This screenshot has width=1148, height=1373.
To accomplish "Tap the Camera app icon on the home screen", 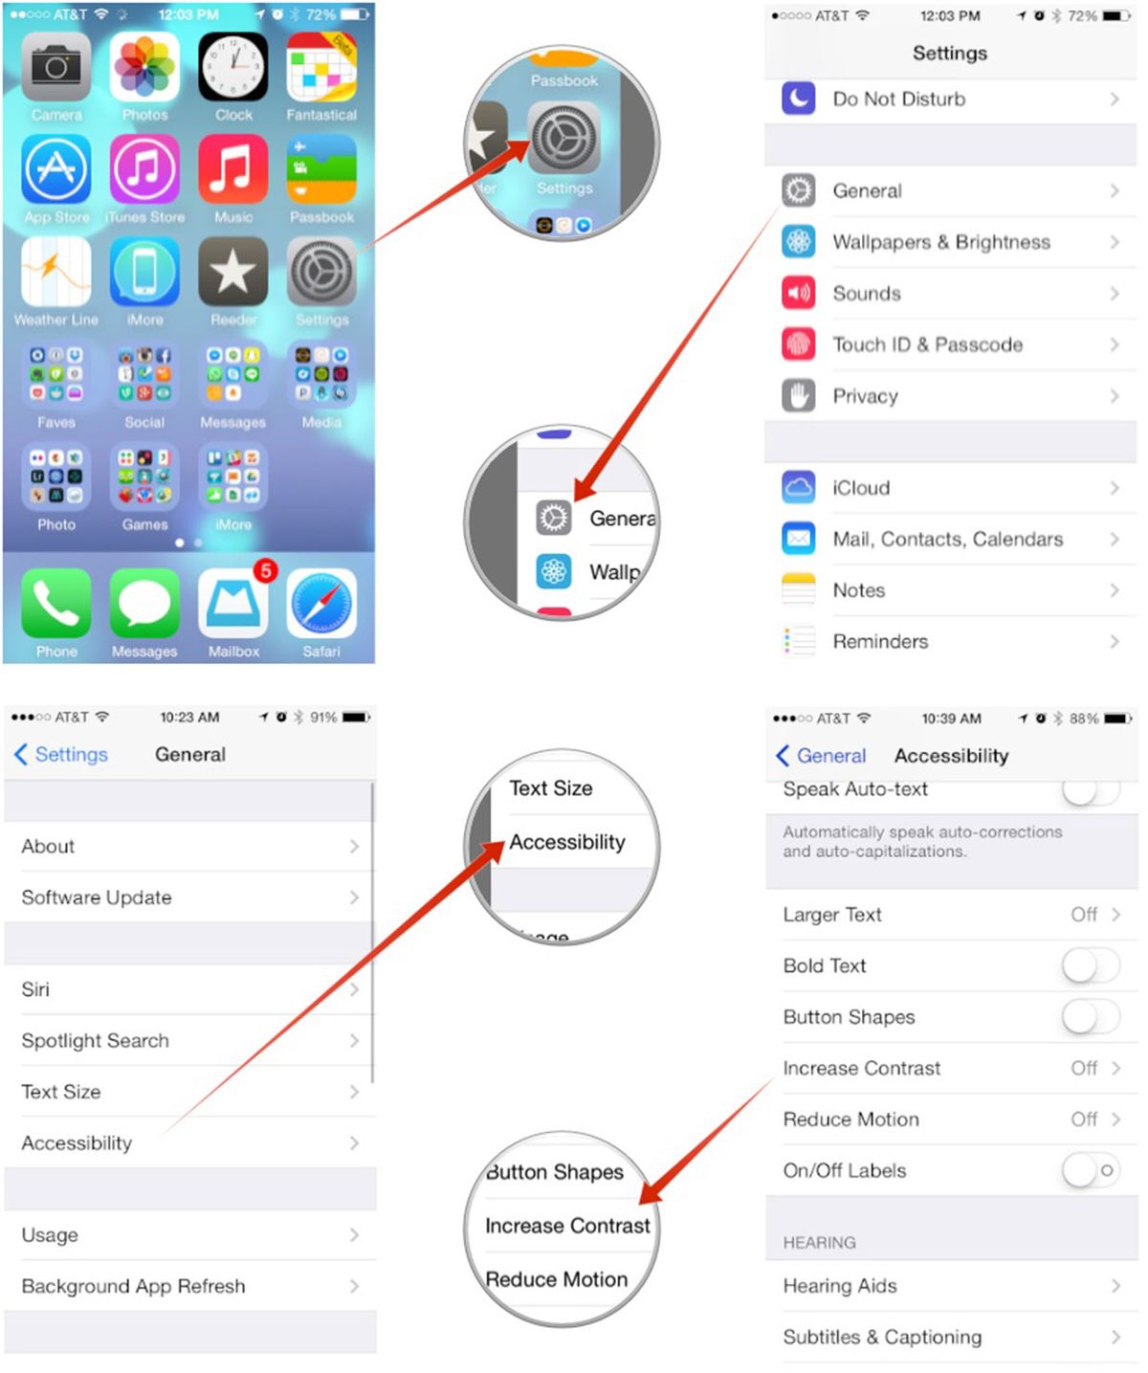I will (x=56, y=67).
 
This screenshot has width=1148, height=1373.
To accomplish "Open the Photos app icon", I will (x=144, y=67).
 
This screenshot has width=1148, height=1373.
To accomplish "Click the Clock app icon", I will (x=233, y=67).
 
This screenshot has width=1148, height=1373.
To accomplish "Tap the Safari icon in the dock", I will (x=321, y=604).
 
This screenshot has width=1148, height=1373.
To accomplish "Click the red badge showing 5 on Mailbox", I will (x=266, y=571).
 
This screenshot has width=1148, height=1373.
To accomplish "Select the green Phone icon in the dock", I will (x=56, y=604).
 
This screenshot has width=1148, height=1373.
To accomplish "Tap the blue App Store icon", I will (x=56, y=169).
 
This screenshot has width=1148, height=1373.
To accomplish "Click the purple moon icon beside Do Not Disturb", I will (x=798, y=99).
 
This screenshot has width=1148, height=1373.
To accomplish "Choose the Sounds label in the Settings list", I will (x=867, y=294).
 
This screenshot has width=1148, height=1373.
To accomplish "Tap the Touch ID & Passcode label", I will (x=927, y=344).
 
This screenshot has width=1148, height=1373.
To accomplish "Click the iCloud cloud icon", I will (x=798, y=488).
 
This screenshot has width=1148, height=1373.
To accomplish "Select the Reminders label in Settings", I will (x=880, y=642).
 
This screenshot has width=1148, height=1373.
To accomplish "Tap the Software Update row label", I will (x=97, y=897).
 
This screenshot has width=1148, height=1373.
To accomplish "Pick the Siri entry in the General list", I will (x=35, y=989).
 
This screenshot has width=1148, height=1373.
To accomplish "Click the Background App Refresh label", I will (x=133, y=1286).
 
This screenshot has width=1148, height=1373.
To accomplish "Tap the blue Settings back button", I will (x=61, y=755).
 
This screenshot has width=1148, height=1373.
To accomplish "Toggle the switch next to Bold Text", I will (x=1090, y=965).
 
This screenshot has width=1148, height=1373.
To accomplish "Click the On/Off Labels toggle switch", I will (x=1090, y=1170).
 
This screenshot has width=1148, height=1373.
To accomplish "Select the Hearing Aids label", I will (x=840, y=1286).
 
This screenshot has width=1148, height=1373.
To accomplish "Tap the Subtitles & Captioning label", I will (x=882, y=1337).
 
